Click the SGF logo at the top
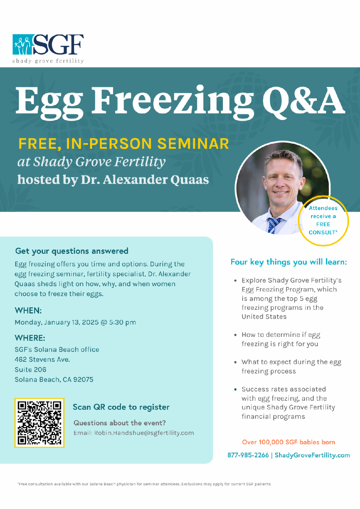pos(48,48)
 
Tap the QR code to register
pos(39,423)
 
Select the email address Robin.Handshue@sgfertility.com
pos(144,433)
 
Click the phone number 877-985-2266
pos(248,455)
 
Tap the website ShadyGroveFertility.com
pos(312,455)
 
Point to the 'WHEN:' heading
pos(28,310)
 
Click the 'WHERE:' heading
pos(30,338)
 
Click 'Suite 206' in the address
pos(31,370)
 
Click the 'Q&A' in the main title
pos(303,100)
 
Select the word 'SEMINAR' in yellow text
pos(193,144)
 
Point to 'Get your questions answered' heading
pos(72,251)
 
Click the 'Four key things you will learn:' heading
pos(289,262)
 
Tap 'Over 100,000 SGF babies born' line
pos(288,442)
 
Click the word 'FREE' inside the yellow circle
pos(323,224)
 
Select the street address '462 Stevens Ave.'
pos(42,359)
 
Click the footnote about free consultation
pos(144,484)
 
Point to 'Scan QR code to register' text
pos(121,407)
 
